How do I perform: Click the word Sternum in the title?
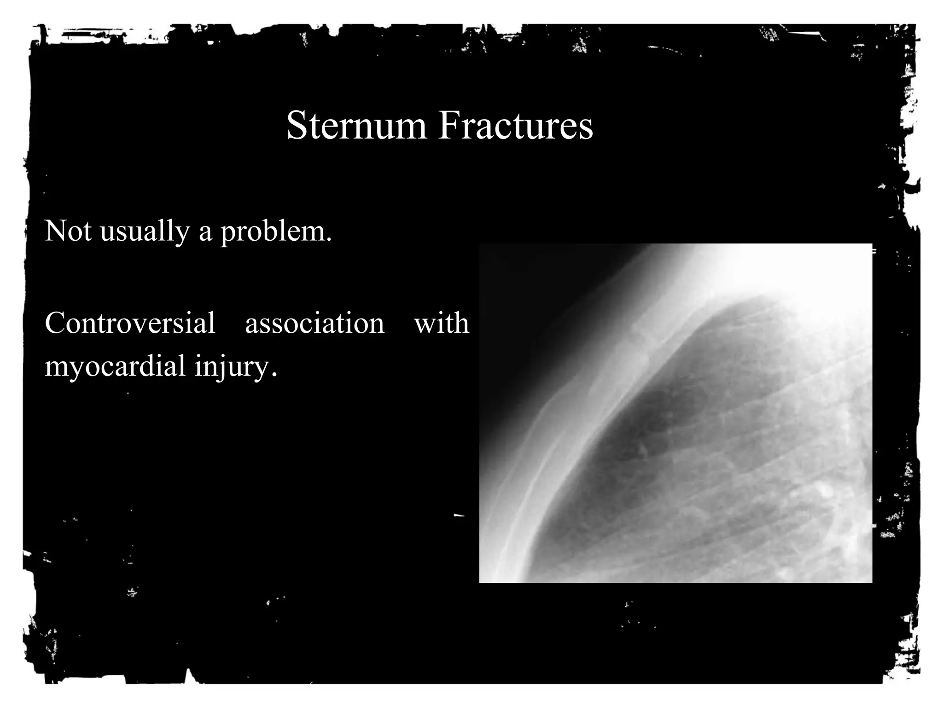point(356,126)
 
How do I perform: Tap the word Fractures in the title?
point(515,126)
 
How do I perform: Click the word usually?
point(145,232)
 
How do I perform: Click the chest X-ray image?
point(675,413)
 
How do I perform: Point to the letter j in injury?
point(218,368)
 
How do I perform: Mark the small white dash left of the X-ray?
point(458,516)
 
